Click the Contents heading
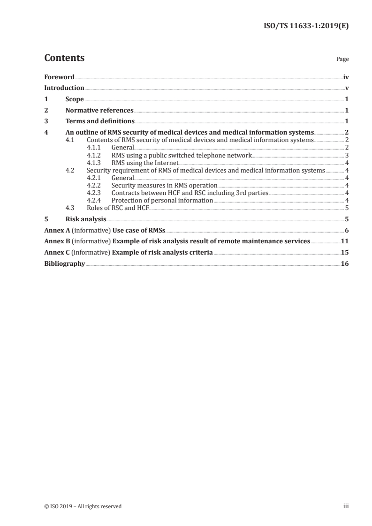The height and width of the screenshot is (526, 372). point(64,58)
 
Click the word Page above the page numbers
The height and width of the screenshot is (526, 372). point(342,60)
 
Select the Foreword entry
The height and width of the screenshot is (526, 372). point(59,76)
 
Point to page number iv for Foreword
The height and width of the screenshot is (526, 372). point(346,76)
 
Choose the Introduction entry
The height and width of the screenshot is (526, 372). point(64,88)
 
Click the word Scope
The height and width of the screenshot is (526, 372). point(75,99)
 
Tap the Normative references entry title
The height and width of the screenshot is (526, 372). point(99,111)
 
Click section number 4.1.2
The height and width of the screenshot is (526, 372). point(95,154)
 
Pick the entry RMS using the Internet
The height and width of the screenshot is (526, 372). point(145,163)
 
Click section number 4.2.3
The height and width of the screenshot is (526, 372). point(95,192)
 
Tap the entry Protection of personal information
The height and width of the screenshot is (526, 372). point(162,200)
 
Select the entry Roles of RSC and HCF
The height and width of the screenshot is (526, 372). point(118,207)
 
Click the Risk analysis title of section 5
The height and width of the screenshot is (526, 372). point(86,218)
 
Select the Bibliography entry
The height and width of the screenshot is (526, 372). point(64,264)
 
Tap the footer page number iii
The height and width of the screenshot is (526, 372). point(346,506)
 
